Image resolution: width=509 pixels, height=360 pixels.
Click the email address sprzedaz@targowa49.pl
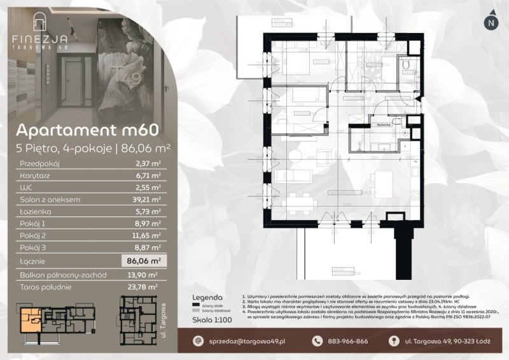coord(248,342)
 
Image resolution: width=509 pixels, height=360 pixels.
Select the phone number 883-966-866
coord(347,342)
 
